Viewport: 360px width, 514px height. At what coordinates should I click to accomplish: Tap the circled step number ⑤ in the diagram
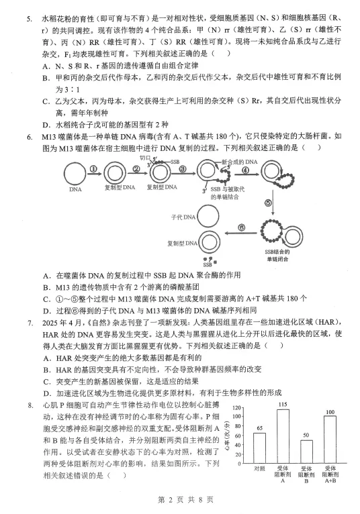[x=267, y=202]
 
